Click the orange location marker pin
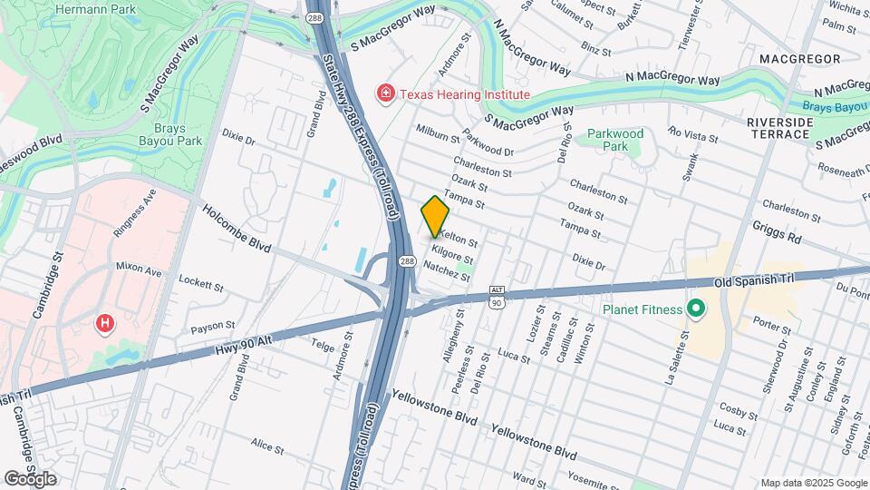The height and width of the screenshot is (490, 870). click(435, 217)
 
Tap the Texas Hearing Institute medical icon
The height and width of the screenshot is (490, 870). click(386, 93)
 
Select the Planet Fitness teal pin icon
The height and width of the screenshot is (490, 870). click(696, 309)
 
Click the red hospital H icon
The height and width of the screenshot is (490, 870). click(106, 323)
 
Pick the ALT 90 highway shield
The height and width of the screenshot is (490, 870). click(496, 296)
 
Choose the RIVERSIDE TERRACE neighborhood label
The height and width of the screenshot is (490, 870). click(778, 128)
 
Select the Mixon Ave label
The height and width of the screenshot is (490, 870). click(138, 269)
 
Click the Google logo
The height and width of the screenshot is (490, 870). click(29, 478)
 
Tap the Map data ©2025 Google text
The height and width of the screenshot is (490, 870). click(813, 483)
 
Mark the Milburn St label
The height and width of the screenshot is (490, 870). click(438, 133)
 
